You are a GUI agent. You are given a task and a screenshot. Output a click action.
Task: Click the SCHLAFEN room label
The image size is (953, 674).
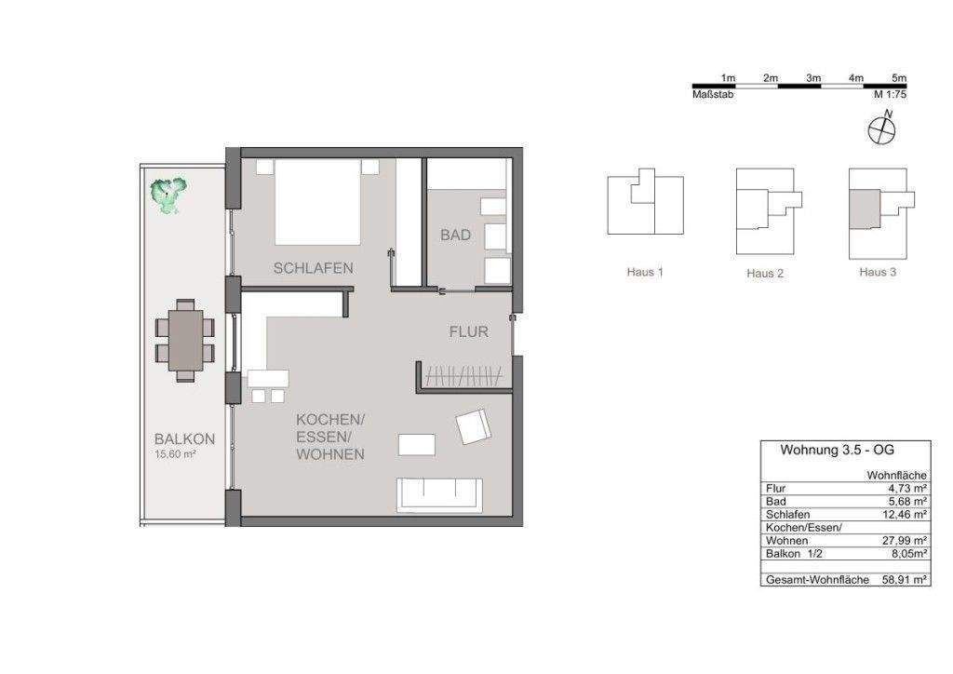pyautogui.click(x=313, y=268)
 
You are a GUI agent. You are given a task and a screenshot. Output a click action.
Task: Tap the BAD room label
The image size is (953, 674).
pyautogui.click(x=455, y=236)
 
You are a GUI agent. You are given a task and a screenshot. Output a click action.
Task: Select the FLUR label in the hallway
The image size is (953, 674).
pyautogui.click(x=468, y=331)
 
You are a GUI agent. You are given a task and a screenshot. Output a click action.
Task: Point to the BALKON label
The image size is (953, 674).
pyautogui.click(x=185, y=439)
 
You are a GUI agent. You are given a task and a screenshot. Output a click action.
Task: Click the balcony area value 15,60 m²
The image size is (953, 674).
pyautogui.click(x=175, y=454)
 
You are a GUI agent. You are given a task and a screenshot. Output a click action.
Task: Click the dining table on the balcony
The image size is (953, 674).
pyautogui.click(x=185, y=340)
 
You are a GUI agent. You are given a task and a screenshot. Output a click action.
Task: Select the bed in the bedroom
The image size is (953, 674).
pyautogui.click(x=318, y=201)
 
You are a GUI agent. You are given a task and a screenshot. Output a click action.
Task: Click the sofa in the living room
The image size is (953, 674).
pyautogui.click(x=439, y=493)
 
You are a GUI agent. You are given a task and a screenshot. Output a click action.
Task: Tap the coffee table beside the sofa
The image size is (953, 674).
pyautogui.click(x=416, y=444)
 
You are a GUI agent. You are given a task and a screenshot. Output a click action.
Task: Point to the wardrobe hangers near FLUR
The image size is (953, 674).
pyautogui.click(x=463, y=376)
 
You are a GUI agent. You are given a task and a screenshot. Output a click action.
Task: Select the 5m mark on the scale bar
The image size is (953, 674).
pyautogui.click(x=898, y=78)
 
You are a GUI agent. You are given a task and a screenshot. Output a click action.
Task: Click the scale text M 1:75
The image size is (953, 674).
pyautogui.click(x=890, y=95)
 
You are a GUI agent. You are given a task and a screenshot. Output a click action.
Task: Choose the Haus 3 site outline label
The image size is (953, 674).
pyautogui.click(x=878, y=272)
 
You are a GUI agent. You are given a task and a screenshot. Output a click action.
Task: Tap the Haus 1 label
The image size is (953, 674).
pyautogui.click(x=645, y=272)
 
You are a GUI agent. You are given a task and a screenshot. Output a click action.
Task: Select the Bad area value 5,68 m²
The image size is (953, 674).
pyautogui.click(x=906, y=501)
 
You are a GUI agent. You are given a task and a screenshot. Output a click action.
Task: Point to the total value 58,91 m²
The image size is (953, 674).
pyautogui.click(x=906, y=579)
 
